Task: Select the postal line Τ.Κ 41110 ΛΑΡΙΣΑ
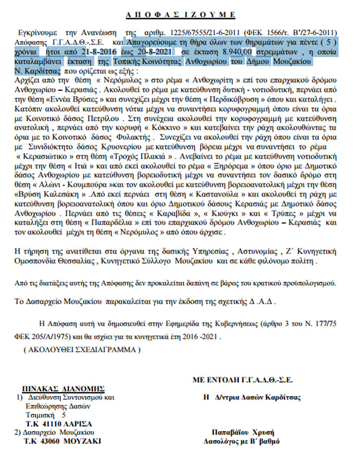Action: point(59,424)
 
